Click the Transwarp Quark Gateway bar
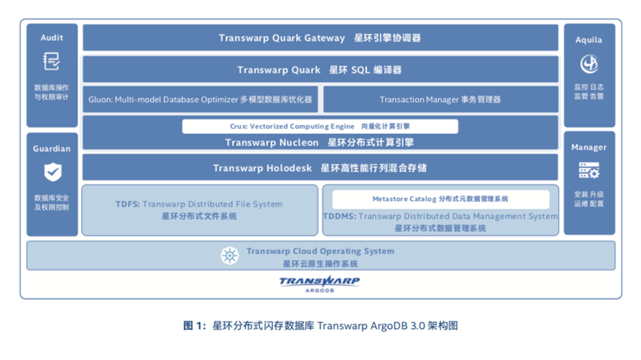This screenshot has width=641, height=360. [320, 38]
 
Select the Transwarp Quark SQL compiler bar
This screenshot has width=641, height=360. [320, 70]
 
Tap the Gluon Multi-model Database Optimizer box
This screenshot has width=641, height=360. [200, 99]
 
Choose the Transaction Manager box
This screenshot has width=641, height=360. [440, 99]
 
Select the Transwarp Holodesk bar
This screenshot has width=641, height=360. [320, 168]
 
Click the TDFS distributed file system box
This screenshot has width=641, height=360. [199, 210]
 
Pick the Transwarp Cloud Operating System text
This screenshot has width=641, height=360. [320, 251]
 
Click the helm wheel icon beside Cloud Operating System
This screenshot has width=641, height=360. [229, 255]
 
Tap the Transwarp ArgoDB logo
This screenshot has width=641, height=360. [319, 283]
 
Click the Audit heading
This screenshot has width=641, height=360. [52, 37]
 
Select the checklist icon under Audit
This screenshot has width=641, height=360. [52, 61]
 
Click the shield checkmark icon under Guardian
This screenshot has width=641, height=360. [52, 171]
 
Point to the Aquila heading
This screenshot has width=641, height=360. [589, 39]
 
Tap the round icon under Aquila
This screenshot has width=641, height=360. [589, 63]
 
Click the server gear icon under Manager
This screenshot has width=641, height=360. [589, 170]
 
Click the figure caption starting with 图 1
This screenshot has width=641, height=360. [320, 325]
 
